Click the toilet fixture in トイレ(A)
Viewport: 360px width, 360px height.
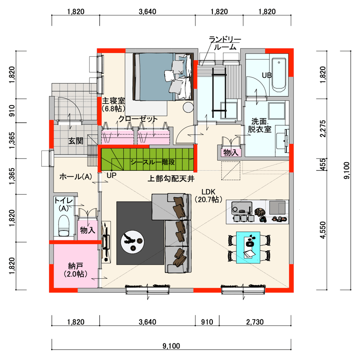pyautogui.click(x=64, y=226)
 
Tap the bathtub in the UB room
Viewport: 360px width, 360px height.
pyautogui.click(x=279, y=75)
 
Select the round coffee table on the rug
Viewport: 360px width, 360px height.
pyautogui.click(x=133, y=242)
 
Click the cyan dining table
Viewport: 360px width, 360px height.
pyautogui.click(x=248, y=247)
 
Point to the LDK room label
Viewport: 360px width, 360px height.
pyautogui.click(x=208, y=196)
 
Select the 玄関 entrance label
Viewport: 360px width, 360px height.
pyautogui.click(x=76, y=141)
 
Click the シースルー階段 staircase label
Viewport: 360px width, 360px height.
pyautogui.click(x=153, y=162)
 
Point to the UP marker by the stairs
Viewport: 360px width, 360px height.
pyautogui.click(x=112, y=175)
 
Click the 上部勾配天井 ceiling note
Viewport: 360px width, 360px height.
pyautogui.click(x=171, y=178)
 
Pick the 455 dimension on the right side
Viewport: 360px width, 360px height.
pyautogui.click(x=323, y=164)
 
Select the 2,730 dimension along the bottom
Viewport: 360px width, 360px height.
pyautogui.click(x=255, y=322)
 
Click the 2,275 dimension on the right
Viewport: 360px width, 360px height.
pyautogui.click(x=323, y=129)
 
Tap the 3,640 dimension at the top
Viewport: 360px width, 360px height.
pyautogui.click(x=147, y=12)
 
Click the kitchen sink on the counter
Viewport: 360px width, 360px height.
pyautogui.click(x=242, y=208)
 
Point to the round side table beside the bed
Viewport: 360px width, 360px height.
pyautogui.click(x=188, y=107)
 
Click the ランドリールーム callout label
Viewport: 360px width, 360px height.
pyautogui.click(x=225, y=43)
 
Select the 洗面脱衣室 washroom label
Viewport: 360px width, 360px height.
pyautogui.click(x=260, y=125)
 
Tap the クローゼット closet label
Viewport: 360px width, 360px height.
pyautogui.click(x=138, y=119)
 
